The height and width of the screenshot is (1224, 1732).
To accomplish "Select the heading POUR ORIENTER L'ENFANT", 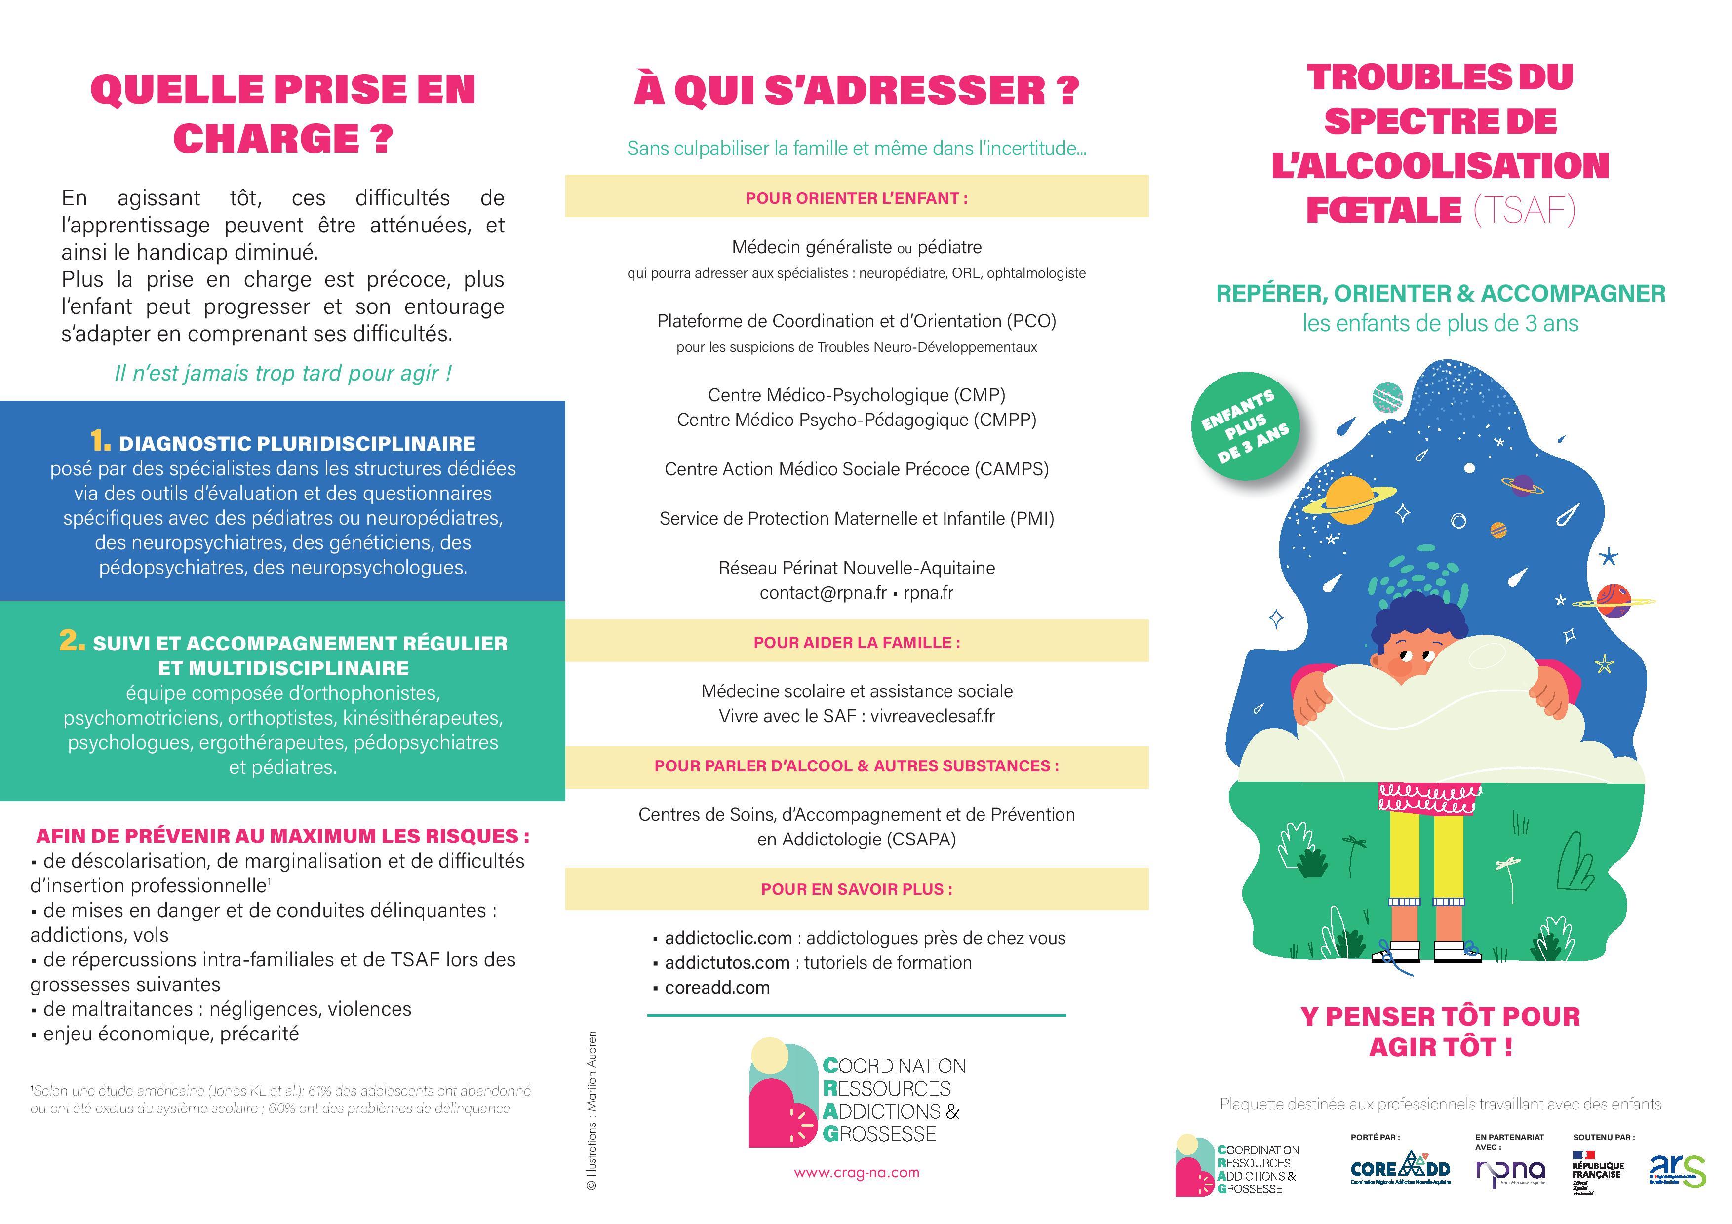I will pos(856,198).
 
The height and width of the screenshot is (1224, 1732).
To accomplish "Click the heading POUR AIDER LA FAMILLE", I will pos(856,643).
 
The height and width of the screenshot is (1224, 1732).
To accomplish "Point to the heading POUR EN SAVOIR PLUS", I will pos(856,889).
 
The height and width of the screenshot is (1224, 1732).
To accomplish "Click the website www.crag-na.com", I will pos(856,1173).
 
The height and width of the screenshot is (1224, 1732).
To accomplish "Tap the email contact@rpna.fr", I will pos(822,593).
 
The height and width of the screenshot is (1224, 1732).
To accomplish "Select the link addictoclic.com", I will pos(728,938).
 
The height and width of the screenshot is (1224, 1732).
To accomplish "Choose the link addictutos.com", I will pos(726,963).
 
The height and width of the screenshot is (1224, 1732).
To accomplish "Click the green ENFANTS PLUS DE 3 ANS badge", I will pos(1245,426).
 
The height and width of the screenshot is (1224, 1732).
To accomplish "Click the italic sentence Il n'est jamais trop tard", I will pos(283,373).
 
